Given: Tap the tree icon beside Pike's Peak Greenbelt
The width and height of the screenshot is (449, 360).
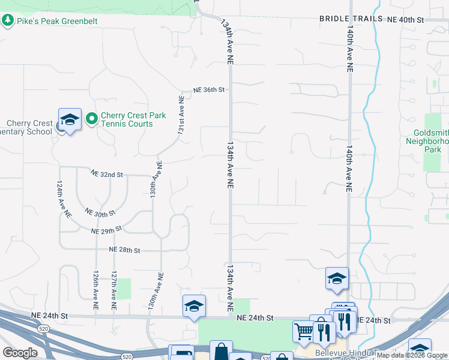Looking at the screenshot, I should [8, 21].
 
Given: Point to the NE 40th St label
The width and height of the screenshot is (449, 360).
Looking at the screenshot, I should [406, 19].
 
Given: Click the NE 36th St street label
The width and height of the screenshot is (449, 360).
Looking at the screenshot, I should [208, 90].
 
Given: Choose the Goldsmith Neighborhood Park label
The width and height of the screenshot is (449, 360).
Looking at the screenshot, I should [431, 142].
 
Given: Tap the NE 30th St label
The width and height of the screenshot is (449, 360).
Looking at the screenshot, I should [100, 213].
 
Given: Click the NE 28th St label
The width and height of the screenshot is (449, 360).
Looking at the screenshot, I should [124, 250].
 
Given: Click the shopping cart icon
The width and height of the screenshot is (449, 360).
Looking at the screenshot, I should [304, 330].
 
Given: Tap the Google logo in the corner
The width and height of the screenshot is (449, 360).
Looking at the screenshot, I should [20, 352].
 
